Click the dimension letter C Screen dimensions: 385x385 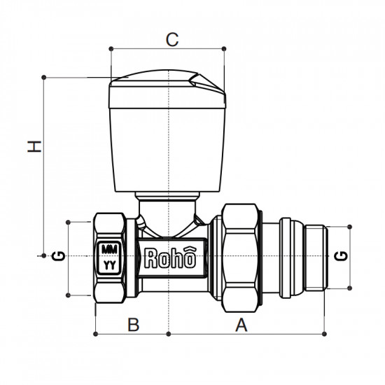171,39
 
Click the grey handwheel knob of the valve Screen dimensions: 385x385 168,133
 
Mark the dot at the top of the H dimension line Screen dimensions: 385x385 44,76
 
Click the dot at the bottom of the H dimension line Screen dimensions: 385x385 44,256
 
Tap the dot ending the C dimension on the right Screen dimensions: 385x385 224,48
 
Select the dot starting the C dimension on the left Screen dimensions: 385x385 111,48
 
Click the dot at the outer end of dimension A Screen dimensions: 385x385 324,334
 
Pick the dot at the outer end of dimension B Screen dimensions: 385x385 94,334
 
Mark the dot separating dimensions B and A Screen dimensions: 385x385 169,334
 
